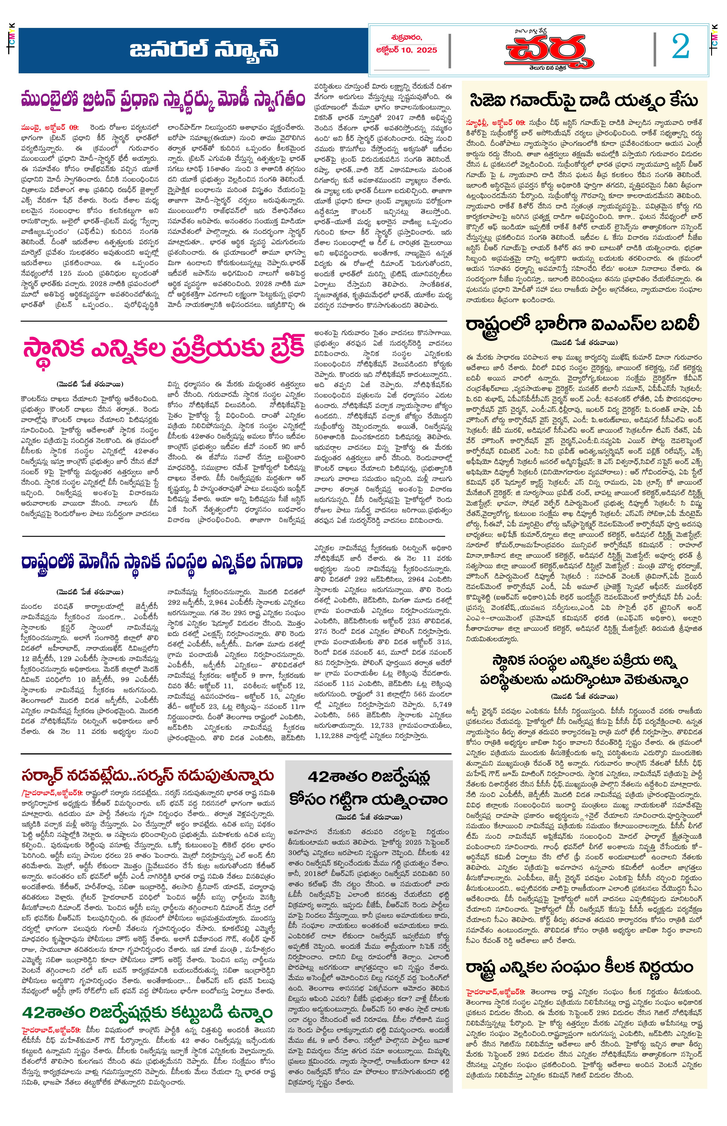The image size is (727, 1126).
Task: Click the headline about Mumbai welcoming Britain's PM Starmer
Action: point(163,101)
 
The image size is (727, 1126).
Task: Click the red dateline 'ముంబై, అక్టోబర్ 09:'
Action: point(50,127)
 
